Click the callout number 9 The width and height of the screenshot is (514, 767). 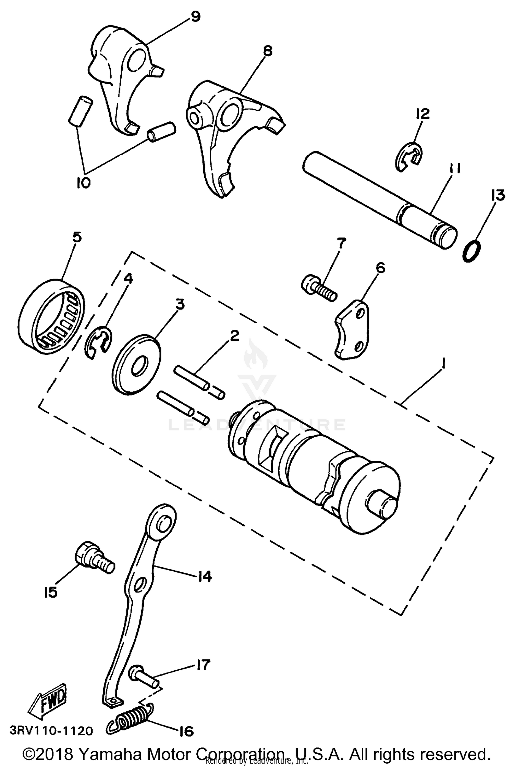point(195,16)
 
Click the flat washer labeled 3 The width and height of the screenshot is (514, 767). point(137,365)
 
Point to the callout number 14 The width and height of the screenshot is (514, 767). point(205,576)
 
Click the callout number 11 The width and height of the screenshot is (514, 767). point(455,169)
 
